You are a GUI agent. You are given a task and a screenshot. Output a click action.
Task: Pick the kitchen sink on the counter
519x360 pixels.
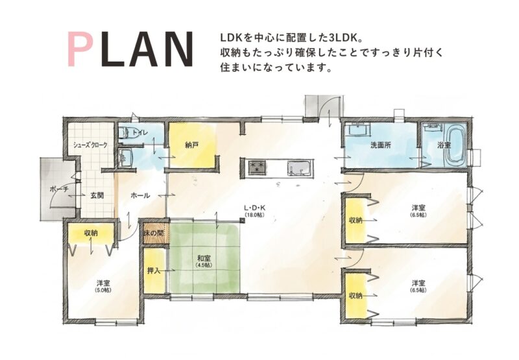tap(300, 167)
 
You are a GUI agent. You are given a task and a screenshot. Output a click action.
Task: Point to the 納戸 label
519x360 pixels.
tap(192, 145)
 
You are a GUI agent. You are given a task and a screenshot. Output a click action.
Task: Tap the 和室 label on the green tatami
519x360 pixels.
tap(204, 258)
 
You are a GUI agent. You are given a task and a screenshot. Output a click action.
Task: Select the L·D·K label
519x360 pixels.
tap(255, 208)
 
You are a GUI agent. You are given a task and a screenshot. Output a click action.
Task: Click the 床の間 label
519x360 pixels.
tap(154, 234)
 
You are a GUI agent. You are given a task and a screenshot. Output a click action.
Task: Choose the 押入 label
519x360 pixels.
tap(154, 270)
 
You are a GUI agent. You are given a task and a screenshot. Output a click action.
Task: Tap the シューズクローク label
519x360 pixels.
tap(90, 145)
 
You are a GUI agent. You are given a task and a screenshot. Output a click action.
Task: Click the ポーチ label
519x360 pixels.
tap(59, 189)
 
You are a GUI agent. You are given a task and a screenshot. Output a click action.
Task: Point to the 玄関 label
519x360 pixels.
tap(97, 195)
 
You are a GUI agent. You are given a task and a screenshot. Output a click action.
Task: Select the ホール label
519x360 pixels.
tap(140, 195)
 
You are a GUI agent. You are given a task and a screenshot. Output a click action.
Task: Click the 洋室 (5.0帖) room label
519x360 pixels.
tap(104, 286)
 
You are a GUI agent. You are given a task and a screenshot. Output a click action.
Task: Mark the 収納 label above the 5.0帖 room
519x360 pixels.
tap(91, 233)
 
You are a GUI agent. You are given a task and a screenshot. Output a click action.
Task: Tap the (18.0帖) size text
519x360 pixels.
tap(254, 215)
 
